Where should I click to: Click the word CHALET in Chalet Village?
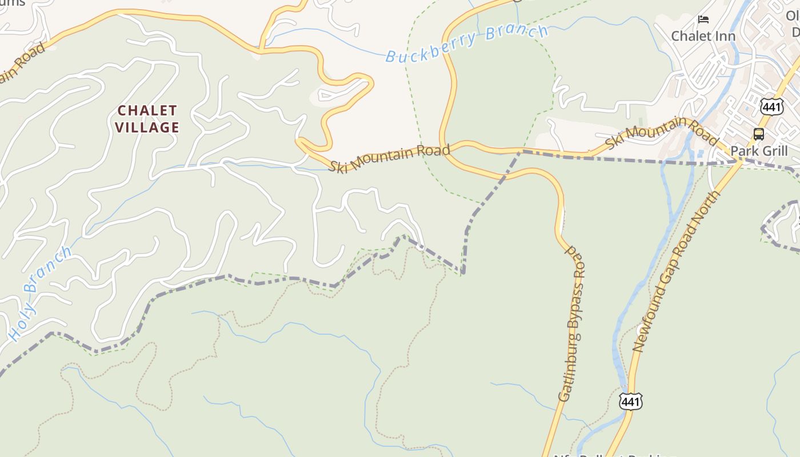[147, 110]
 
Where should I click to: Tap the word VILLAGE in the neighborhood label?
[147, 127]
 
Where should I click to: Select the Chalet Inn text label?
[703, 36]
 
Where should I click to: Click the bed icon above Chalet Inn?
[703, 19]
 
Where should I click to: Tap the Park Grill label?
[759, 151]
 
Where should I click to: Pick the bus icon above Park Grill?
[759, 134]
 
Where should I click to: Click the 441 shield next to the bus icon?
[771, 106]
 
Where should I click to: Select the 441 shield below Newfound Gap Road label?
[630, 401]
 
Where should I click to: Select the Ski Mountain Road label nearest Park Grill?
[661, 133]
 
